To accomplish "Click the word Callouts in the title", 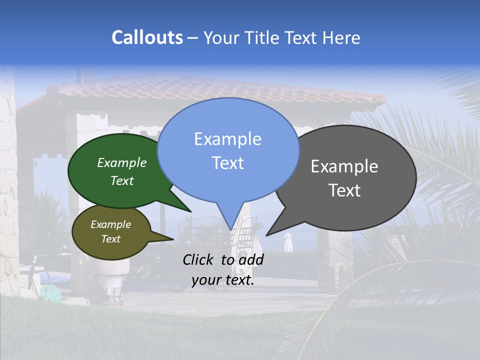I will (x=147, y=37).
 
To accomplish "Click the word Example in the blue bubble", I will (x=227, y=138).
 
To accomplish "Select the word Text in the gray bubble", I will (x=344, y=190).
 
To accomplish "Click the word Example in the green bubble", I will (x=122, y=162).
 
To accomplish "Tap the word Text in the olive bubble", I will (x=111, y=239).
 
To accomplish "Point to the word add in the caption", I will (x=251, y=259).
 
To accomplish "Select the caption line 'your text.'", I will (x=223, y=280).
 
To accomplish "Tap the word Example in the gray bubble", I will (x=344, y=166).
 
